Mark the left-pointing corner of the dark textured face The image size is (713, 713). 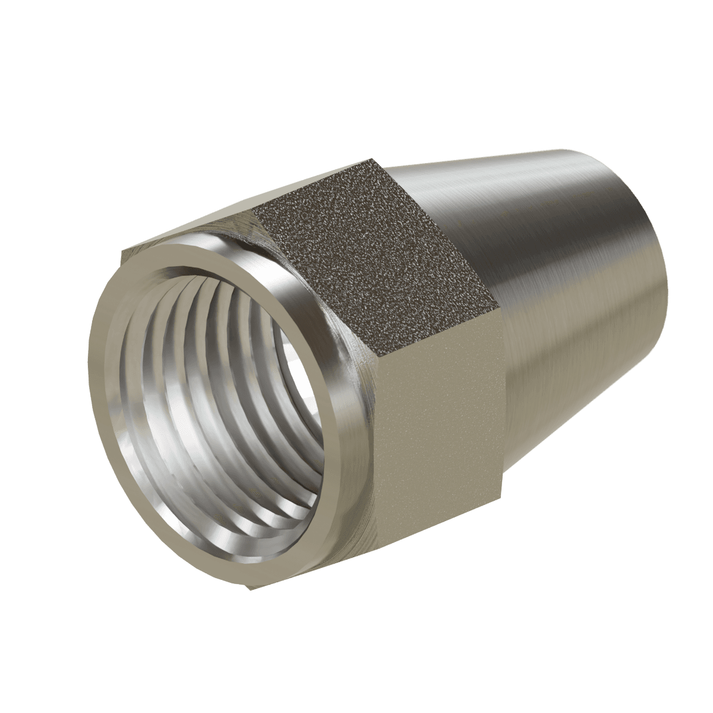tap(255, 211)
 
